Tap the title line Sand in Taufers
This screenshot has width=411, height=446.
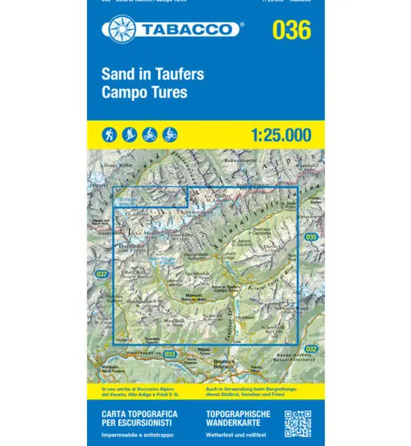(152, 75)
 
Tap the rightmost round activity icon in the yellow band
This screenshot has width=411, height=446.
(170, 134)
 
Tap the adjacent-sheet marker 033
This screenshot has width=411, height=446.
(170, 354)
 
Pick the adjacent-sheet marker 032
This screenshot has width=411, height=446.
(311, 348)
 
